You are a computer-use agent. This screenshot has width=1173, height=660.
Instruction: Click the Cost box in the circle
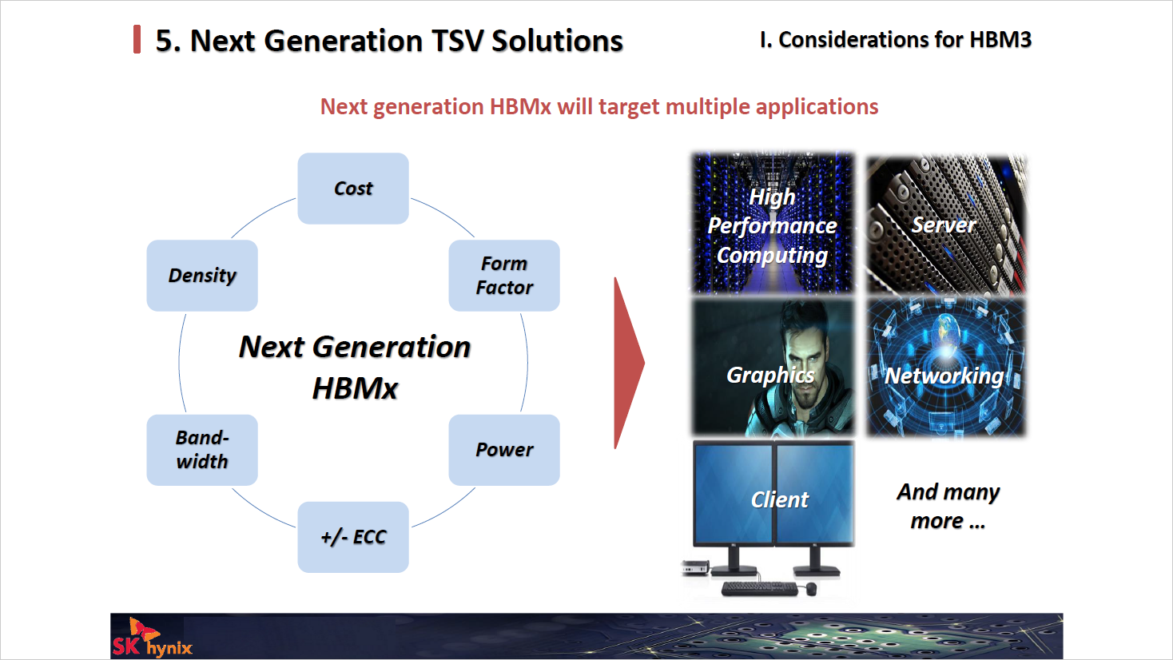pyautogui.click(x=352, y=189)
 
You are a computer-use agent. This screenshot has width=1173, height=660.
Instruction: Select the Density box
pyautogui.click(x=202, y=276)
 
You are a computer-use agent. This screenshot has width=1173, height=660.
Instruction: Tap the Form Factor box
pyautogui.click(x=504, y=276)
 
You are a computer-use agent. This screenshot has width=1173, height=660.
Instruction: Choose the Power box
pyautogui.click(x=504, y=450)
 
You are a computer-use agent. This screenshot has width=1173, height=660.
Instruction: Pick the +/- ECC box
pyautogui.click(x=352, y=537)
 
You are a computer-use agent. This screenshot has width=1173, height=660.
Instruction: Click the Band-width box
pyautogui.click(x=202, y=450)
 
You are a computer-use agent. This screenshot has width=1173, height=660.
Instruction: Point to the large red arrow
pyautogui.click(x=627, y=364)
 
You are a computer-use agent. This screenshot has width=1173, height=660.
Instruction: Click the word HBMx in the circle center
pyautogui.click(x=355, y=388)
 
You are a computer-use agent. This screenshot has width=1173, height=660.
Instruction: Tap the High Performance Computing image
pyautogui.click(x=772, y=224)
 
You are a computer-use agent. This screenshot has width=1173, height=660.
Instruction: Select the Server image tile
pyautogui.click(x=946, y=225)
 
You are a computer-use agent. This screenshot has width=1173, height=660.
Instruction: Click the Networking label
pyautogui.click(x=944, y=376)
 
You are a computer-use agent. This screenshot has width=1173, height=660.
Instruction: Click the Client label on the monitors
pyautogui.click(x=779, y=500)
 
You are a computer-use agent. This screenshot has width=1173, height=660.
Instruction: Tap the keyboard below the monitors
pyautogui.click(x=759, y=589)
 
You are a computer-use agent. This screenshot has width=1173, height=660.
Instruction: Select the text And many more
pyautogui.click(x=948, y=507)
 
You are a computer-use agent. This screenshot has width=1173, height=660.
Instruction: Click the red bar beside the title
pyautogui.click(x=137, y=39)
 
